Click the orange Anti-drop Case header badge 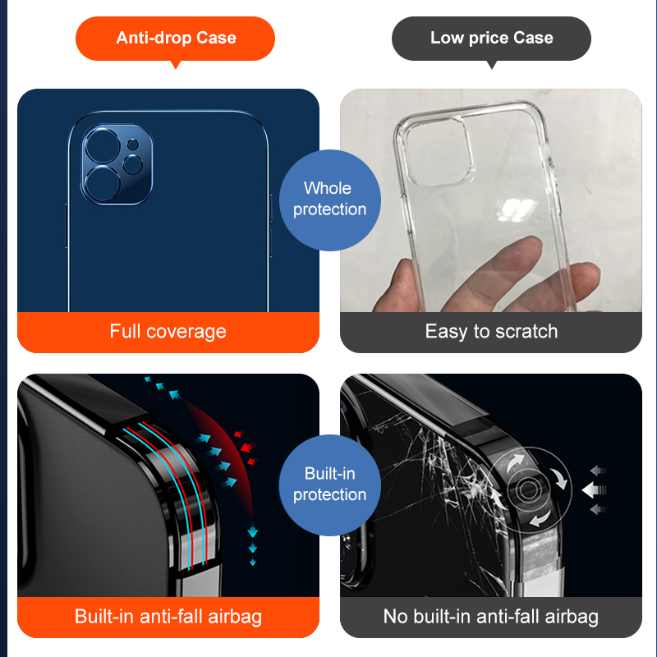[x=175, y=38]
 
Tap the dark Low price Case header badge [x=491, y=38]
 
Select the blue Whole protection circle [x=329, y=200]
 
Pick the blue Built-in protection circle [x=329, y=485]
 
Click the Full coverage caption [x=168, y=332]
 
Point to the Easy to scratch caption [x=491, y=332]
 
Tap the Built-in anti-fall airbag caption [x=168, y=616]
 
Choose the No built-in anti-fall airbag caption [x=491, y=616]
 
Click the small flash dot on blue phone [x=133, y=145]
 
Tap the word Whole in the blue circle [x=328, y=189]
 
